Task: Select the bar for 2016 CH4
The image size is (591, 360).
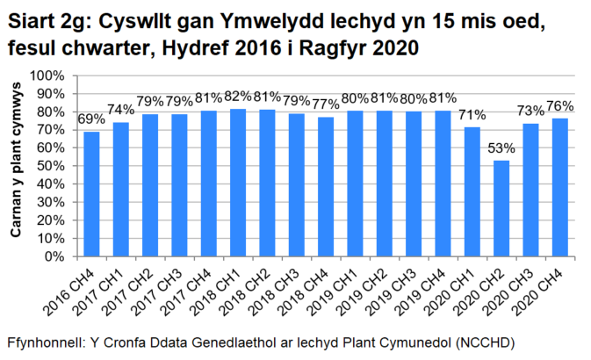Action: [91, 194]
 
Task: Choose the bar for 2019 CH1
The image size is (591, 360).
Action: [355, 184]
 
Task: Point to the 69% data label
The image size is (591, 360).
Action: [91, 119]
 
